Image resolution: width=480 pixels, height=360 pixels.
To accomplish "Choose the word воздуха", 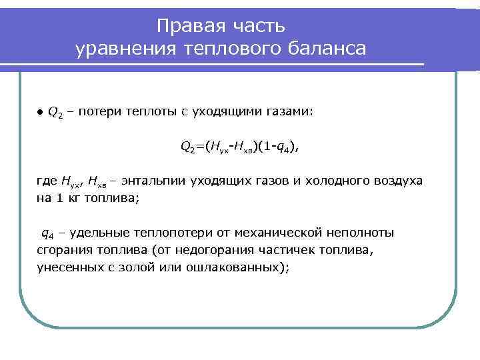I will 397,181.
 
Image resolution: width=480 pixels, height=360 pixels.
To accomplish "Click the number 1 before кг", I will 57,198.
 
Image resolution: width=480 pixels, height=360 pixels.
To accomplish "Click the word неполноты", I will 360,233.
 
